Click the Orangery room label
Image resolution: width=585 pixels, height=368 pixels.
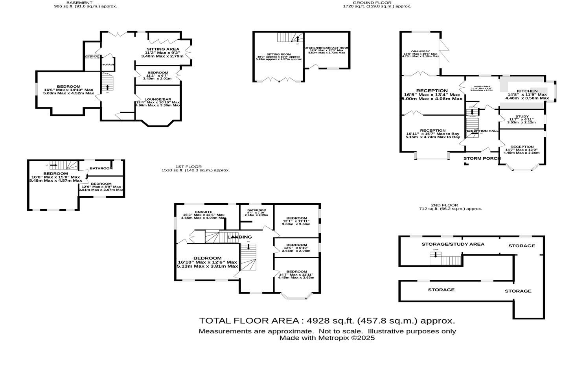click(x=420, y=52)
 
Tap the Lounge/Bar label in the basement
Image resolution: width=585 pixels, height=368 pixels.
click(x=157, y=99)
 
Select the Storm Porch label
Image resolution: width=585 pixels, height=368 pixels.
click(x=482, y=158)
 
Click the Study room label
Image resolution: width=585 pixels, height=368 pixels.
click(x=522, y=116)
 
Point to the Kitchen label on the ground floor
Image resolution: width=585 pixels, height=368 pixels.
click(x=527, y=91)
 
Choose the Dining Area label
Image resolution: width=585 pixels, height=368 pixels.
click(x=482, y=86)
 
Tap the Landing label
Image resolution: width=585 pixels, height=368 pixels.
click(x=239, y=237)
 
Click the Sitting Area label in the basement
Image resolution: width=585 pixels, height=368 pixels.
click(x=162, y=50)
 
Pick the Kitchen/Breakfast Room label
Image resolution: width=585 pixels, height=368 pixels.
click(x=327, y=48)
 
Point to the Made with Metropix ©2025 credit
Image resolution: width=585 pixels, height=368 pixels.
click(x=327, y=338)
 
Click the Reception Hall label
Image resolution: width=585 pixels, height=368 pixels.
click(x=482, y=131)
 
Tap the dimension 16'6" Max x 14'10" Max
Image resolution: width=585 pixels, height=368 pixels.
click(x=68, y=90)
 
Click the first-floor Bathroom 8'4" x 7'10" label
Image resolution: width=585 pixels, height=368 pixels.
click(x=256, y=210)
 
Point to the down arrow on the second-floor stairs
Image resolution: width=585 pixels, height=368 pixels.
click(x=435, y=254)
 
